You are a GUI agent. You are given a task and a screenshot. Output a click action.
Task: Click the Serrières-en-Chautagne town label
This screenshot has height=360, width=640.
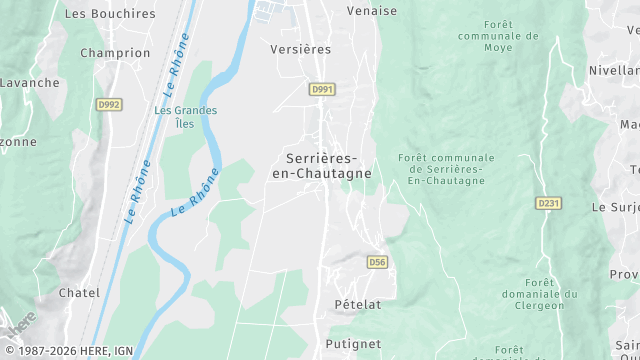point(321,165)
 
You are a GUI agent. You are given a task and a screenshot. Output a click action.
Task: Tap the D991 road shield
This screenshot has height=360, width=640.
point(322,89)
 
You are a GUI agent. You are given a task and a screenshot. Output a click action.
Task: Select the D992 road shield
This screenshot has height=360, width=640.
point(109,103)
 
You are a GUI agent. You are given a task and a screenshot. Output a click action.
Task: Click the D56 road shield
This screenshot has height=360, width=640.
point(376,262)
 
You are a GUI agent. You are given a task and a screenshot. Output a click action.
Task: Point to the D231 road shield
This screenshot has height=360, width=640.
point(547,203)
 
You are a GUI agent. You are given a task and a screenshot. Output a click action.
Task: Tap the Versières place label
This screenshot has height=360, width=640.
point(300,48)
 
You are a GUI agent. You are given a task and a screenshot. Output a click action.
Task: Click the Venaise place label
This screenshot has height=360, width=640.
point(372,11)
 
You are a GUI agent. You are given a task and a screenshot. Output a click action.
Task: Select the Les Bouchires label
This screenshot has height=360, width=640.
point(110,14)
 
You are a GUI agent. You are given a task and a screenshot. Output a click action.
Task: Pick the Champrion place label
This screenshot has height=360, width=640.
point(114,53)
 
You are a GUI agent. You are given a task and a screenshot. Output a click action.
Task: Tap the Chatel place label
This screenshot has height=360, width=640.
point(80,293)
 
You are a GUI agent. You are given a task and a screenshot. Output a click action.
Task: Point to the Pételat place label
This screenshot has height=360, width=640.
point(357,304)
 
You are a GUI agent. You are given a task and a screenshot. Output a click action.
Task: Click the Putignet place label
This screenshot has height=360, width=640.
point(353,344)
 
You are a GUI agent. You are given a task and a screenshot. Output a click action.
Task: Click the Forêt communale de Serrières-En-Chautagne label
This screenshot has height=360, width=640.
point(446,169)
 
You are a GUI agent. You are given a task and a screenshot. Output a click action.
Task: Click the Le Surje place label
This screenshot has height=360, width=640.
point(615,207)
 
